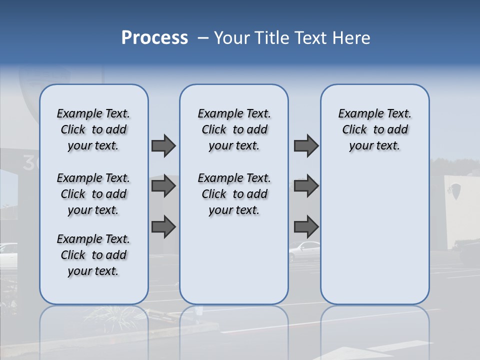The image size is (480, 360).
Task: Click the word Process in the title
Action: (x=154, y=38)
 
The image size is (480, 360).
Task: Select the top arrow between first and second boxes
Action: (x=163, y=146)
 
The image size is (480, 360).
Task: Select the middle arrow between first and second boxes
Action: (x=163, y=186)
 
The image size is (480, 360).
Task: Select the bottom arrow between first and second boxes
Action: (x=163, y=227)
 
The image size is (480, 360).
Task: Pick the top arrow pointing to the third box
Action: (x=306, y=146)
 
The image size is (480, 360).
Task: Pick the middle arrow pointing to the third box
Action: (x=306, y=186)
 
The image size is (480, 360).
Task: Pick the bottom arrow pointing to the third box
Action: (x=306, y=227)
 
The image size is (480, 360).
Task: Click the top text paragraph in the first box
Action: (x=93, y=129)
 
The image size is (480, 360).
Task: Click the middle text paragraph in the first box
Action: (x=93, y=194)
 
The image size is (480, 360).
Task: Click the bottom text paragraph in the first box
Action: (x=93, y=255)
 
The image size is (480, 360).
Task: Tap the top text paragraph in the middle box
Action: (x=234, y=129)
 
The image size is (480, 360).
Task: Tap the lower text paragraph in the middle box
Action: (x=234, y=194)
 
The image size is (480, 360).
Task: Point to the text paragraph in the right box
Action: (x=374, y=129)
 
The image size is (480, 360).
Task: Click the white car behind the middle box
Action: (x=304, y=250)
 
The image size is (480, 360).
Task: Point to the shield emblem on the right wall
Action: (x=455, y=190)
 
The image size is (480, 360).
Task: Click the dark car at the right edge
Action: (x=470, y=253)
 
